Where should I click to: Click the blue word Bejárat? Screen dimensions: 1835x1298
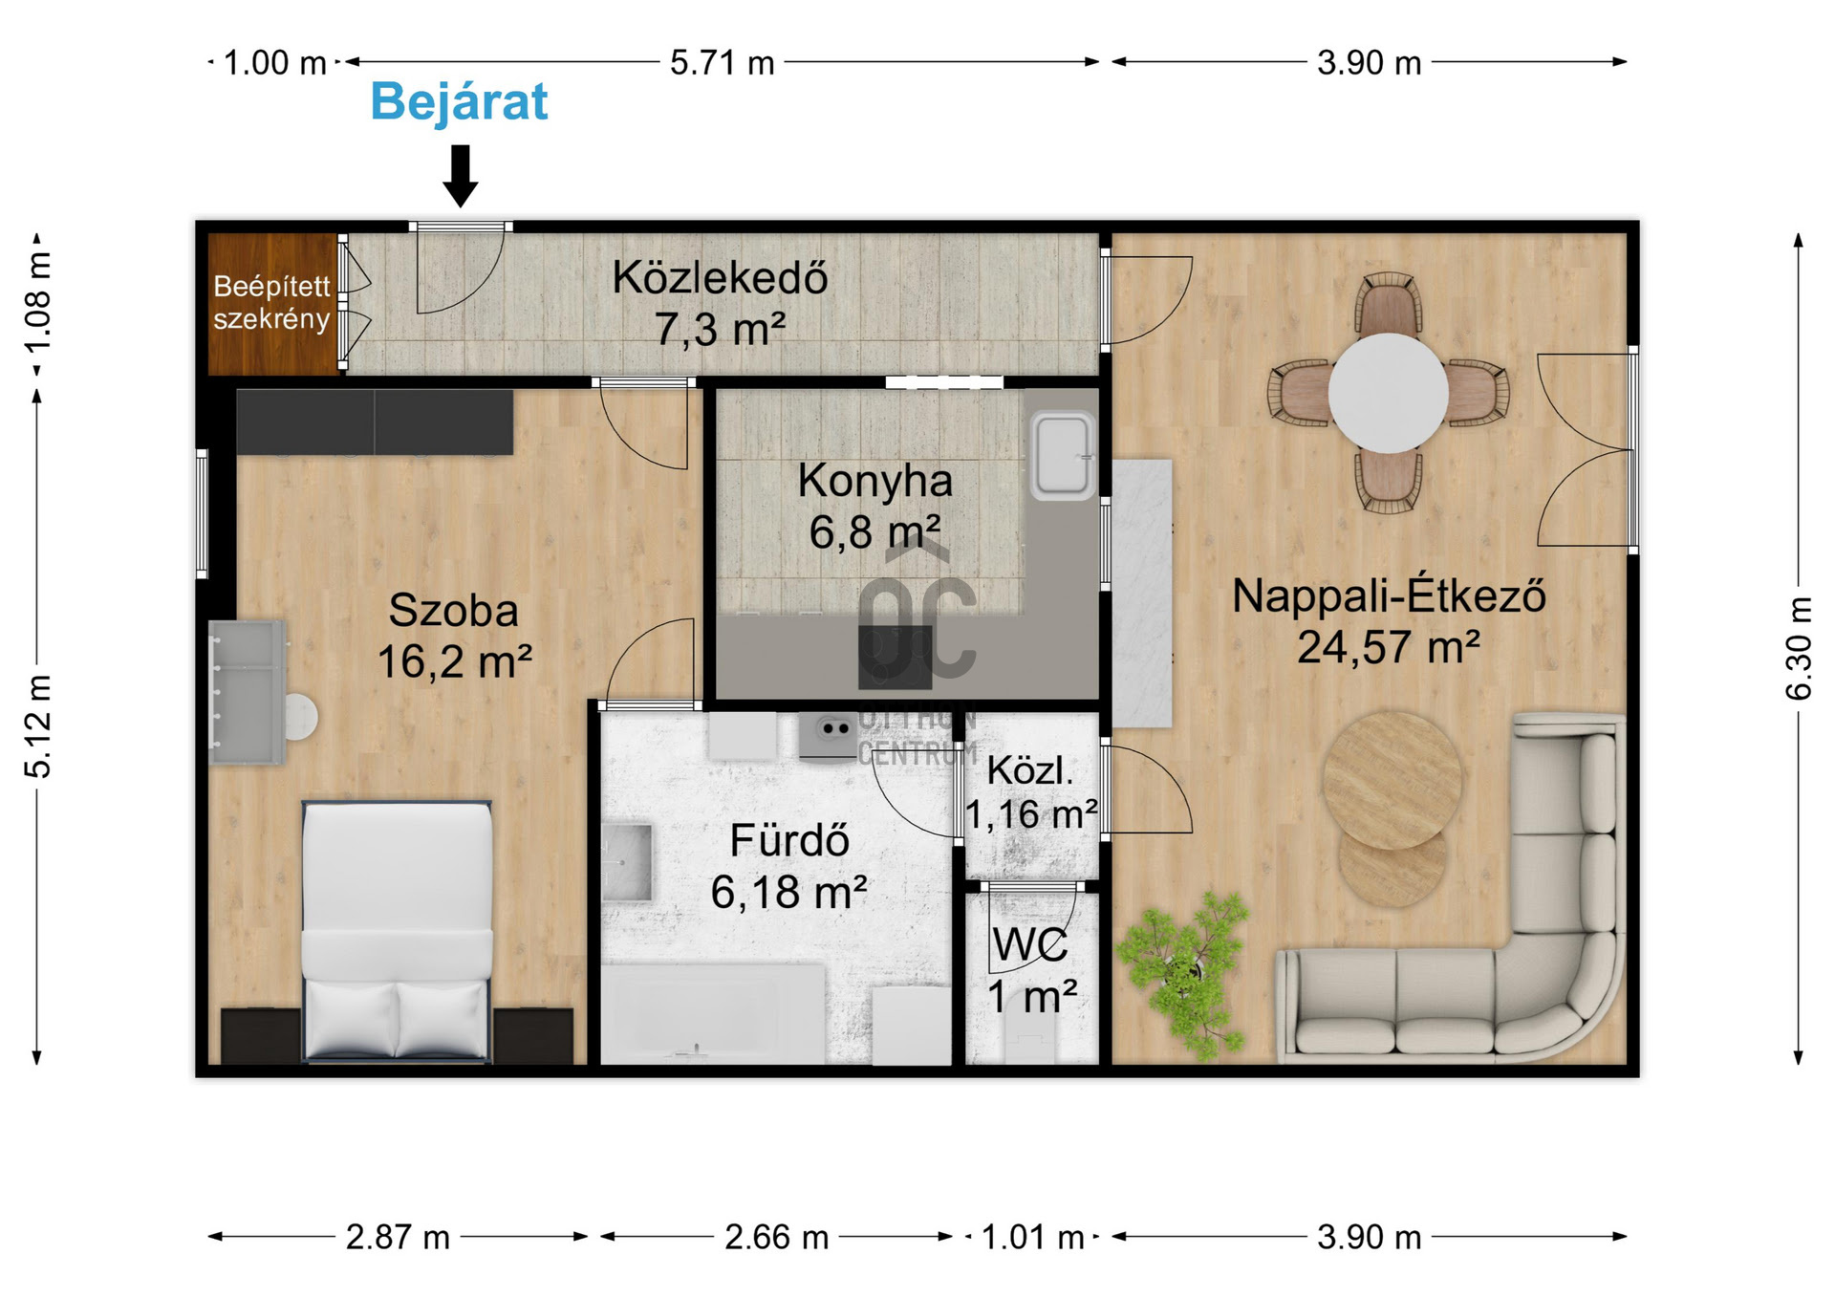(x=459, y=101)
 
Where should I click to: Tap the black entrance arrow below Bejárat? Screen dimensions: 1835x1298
(x=461, y=176)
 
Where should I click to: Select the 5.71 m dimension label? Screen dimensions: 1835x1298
(x=722, y=63)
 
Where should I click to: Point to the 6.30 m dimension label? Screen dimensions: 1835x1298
(x=1799, y=648)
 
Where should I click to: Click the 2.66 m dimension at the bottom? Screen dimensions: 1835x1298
(x=776, y=1237)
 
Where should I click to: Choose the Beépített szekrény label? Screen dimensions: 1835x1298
(x=271, y=302)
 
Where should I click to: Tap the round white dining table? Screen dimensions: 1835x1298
(x=1388, y=393)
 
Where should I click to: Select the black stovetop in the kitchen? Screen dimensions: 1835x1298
(x=895, y=657)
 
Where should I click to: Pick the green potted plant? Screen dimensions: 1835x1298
(x=1183, y=973)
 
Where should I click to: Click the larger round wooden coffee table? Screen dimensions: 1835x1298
(x=1392, y=780)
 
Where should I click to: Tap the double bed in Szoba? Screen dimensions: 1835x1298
(x=397, y=931)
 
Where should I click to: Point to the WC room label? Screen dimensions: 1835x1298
(x=1030, y=946)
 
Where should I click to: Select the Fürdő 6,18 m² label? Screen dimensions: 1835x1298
(x=789, y=866)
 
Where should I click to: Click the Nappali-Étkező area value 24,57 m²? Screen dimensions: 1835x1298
(x=1388, y=647)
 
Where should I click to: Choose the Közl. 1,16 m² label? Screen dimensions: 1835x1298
(x=1030, y=792)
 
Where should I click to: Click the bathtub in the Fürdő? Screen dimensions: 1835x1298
(x=713, y=1013)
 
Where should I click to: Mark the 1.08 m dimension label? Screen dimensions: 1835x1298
(x=38, y=302)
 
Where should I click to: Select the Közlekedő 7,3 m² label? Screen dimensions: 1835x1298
(x=720, y=303)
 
